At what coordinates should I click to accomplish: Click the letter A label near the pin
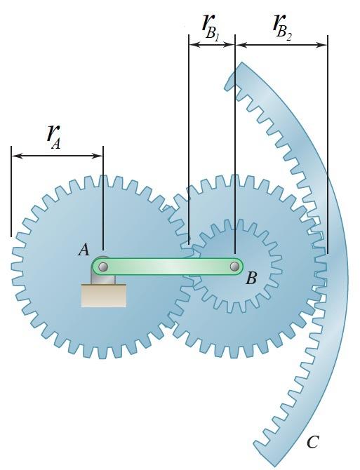[x=84, y=250]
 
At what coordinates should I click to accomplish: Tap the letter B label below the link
[x=251, y=279]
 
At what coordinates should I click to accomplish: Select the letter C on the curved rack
[x=312, y=442]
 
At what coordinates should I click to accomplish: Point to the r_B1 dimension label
[x=211, y=28]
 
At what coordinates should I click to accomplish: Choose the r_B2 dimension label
[x=281, y=25]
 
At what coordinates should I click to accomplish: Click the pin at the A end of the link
[x=103, y=267]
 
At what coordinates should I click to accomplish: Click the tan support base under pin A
[x=104, y=295]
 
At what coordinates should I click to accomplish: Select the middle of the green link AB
[x=168, y=267]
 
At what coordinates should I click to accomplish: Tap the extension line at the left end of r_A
[x=11, y=203]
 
